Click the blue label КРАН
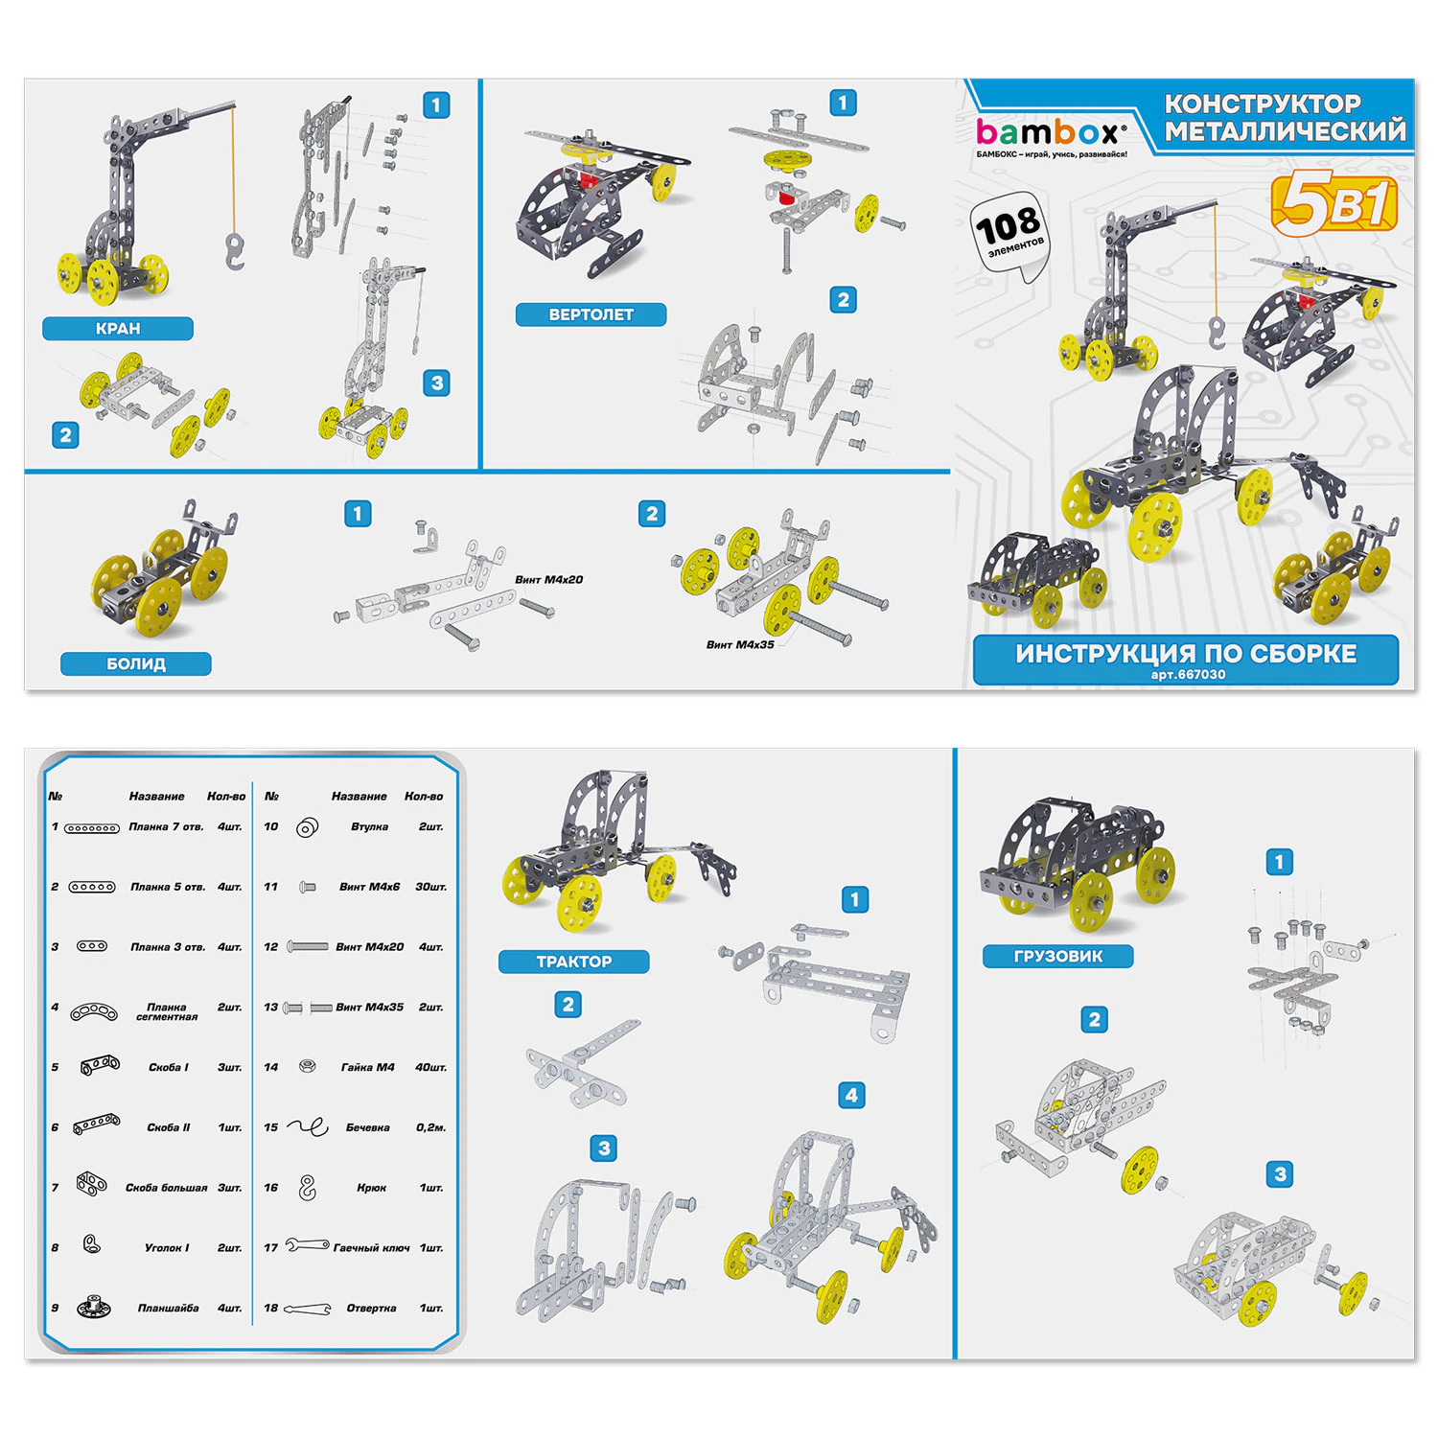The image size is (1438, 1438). point(118,329)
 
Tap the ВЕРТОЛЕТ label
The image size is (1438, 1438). point(591,314)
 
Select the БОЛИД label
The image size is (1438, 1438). point(136,663)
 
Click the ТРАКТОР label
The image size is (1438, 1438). point(574,962)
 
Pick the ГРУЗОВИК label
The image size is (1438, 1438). point(1058,956)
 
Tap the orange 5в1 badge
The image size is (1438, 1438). point(1334,204)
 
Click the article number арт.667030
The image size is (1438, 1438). point(1188,675)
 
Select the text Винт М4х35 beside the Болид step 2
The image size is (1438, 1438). point(740,644)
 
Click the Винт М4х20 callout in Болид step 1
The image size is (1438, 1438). point(548,579)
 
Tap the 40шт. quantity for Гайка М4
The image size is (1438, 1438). point(430,1067)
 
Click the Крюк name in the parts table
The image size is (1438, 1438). point(371,1188)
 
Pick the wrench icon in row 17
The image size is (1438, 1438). point(307,1246)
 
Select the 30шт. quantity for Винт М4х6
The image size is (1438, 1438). point(430,887)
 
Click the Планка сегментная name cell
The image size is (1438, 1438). point(167,1011)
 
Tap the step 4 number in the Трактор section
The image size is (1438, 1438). point(851,1095)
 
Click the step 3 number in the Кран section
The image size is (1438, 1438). point(437,383)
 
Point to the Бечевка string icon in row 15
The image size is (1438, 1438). point(308,1127)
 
